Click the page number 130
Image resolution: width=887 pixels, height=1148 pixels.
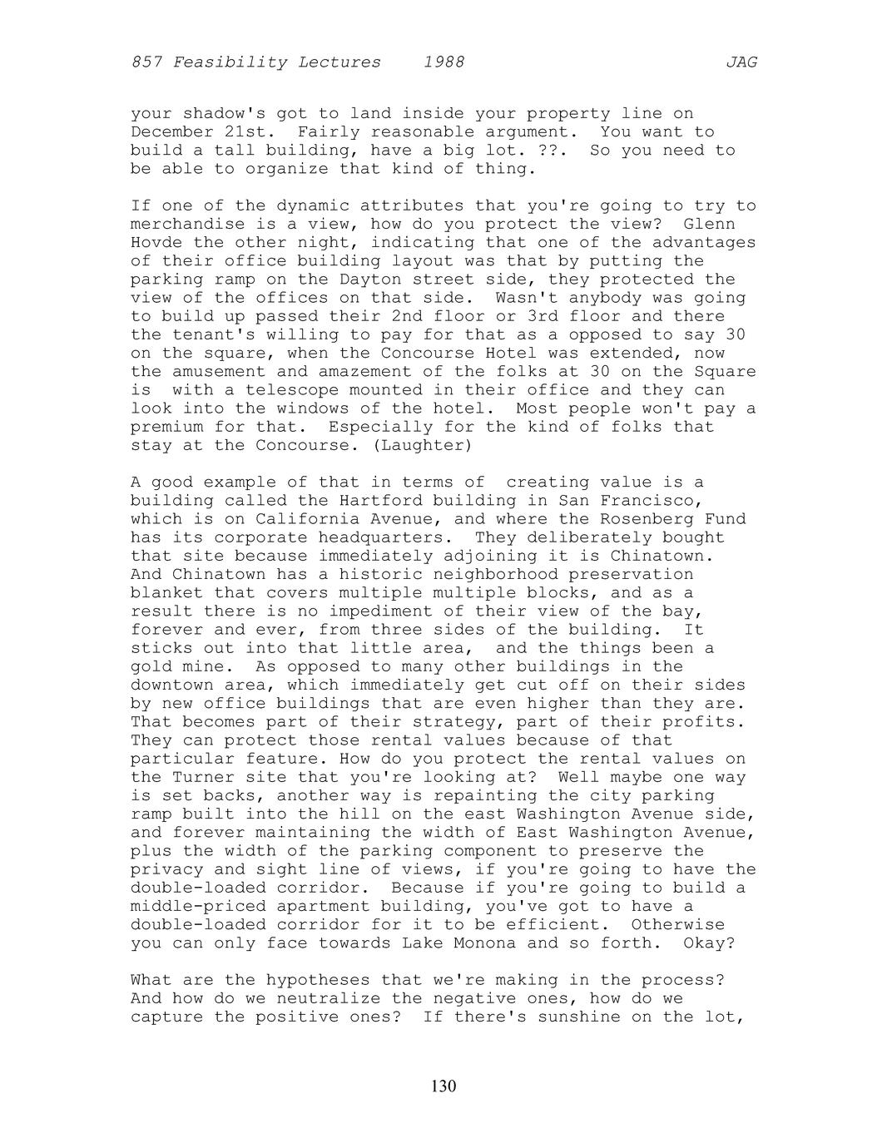[x=443, y=1086]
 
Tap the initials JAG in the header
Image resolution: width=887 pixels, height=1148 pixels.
[x=741, y=62]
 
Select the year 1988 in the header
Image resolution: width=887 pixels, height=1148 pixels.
[x=443, y=62]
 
